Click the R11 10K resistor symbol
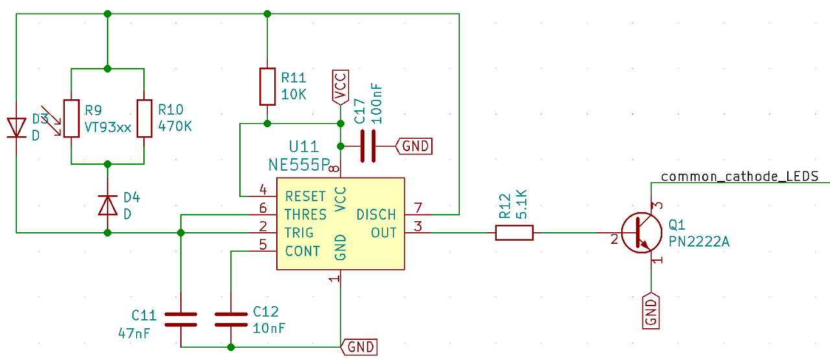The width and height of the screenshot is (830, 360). tap(267, 86)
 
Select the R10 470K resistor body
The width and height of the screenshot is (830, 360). tap(144, 118)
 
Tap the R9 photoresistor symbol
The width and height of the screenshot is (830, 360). tap(70, 118)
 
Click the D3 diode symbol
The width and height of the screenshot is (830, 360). tap(16, 127)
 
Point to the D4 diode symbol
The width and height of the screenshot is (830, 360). tap(107, 204)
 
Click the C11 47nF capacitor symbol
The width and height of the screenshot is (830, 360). tap(180, 318)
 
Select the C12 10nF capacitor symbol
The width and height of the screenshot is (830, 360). tap(231, 318)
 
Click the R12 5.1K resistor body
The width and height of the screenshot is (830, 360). tap(514, 232)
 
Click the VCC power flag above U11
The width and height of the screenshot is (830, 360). tap(340, 87)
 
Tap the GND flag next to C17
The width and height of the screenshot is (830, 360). tap(414, 146)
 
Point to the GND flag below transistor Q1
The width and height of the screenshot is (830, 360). tap(651, 311)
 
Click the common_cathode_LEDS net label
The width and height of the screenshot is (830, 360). tap(739, 176)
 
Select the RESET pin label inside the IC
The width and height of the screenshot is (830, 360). tap(305, 196)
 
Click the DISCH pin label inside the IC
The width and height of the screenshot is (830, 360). tap(376, 215)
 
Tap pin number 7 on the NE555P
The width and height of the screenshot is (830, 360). tap(418, 208)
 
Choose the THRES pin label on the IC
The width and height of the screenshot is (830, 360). tap(305, 215)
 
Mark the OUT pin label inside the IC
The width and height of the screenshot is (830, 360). tap(383, 232)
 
